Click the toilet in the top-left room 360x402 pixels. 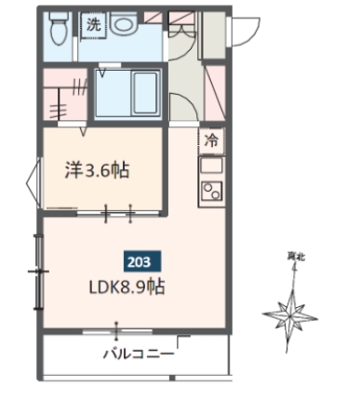point(57,27)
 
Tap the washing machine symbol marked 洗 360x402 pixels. point(94,25)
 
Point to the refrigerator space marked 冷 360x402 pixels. point(211,141)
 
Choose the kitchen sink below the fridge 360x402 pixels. point(211,167)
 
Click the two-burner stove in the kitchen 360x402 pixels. point(210,194)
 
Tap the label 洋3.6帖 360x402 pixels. point(96,170)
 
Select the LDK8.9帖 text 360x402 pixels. point(128,288)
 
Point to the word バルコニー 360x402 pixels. point(138,354)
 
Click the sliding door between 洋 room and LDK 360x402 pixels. point(118,215)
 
